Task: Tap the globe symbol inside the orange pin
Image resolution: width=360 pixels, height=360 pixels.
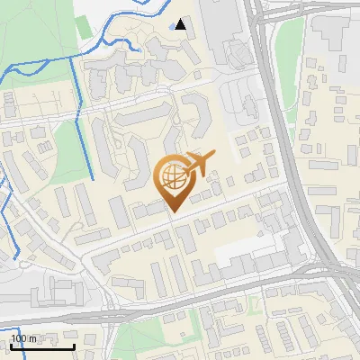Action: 171,175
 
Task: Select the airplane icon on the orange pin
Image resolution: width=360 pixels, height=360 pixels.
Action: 197,164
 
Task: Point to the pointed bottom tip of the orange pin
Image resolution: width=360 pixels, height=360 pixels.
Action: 172,211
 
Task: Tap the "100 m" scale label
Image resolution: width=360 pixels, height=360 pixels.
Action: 24,338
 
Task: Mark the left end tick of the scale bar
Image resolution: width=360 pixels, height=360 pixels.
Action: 11,346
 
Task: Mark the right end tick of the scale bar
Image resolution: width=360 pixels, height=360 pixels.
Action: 74,346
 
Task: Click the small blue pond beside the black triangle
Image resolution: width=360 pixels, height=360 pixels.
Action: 173,26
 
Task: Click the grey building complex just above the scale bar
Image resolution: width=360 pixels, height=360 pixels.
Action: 45,293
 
